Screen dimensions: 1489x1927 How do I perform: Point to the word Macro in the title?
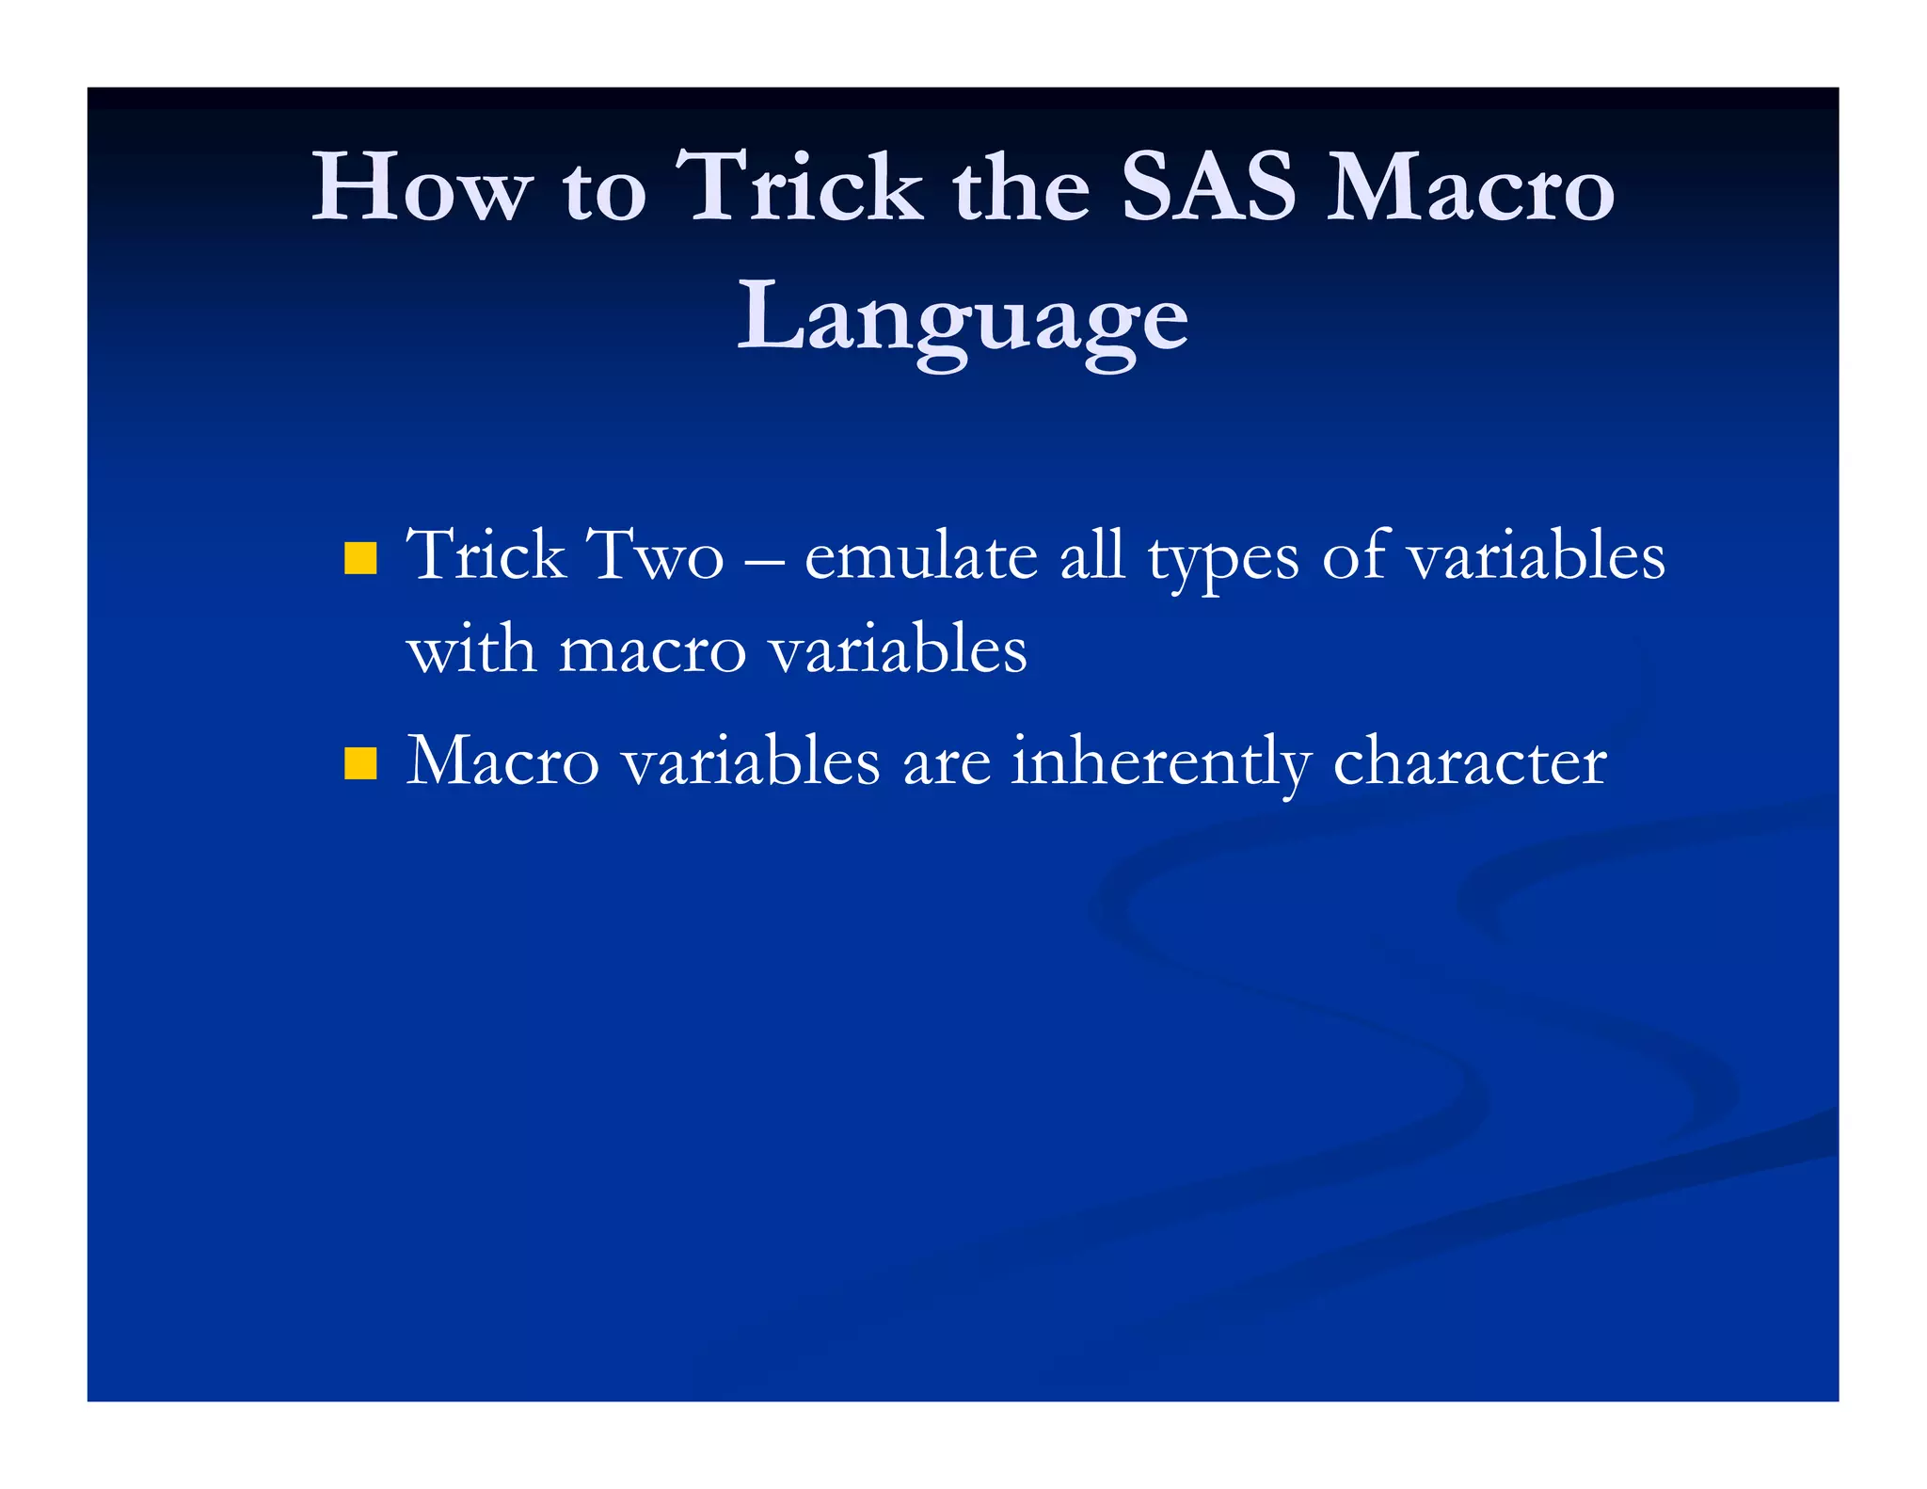point(1470,188)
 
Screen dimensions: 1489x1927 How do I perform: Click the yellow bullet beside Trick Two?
point(360,558)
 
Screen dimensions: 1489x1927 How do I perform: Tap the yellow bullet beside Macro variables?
point(360,763)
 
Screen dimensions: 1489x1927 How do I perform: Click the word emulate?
point(920,555)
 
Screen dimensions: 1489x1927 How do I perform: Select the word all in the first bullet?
point(1091,555)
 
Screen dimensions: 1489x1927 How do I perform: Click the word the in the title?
point(1021,188)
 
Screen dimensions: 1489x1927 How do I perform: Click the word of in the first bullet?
point(1355,555)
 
